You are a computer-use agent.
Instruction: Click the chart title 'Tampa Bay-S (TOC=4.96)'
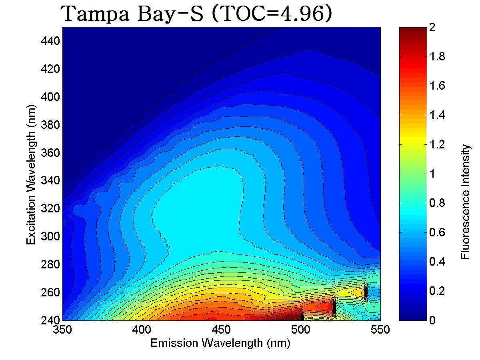(x=196, y=14)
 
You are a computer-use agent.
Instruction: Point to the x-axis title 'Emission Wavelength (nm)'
(x=220, y=343)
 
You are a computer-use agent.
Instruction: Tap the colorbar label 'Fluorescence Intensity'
(x=465, y=202)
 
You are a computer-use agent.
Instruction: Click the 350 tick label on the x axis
(x=63, y=330)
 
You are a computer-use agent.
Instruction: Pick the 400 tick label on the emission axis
(x=142, y=330)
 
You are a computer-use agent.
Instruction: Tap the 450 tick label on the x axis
(x=221, y=330)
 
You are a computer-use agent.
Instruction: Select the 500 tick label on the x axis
(x=301, y=330)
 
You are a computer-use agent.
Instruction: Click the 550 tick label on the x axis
(x=380, y=330)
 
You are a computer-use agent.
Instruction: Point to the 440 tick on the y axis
(x=50, y=41)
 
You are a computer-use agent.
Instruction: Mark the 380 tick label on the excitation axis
(x=50, y=125)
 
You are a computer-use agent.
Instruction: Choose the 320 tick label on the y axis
(x=50, y=208)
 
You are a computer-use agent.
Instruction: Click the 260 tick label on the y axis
(x=50, y=292)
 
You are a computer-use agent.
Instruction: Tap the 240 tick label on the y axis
(x=50, y=320)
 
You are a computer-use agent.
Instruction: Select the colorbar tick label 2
(x=432, y=28)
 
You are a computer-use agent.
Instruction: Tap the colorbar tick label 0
(x=432, y=320)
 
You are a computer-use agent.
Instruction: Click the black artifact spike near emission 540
(x=366, y=292)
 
